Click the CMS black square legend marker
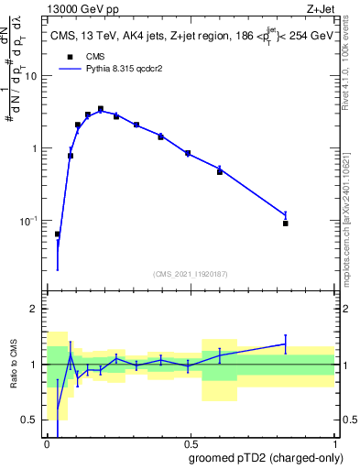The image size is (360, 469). [69, 56]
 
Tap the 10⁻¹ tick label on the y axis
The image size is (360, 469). [29, 221]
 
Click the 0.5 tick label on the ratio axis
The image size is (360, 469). [30, 420]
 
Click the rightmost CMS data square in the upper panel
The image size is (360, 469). [286, 224]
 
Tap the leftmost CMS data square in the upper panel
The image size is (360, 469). [58, 234]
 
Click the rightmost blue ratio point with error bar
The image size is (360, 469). [286, 344]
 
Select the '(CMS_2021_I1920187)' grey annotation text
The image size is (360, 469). [190, 274]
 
